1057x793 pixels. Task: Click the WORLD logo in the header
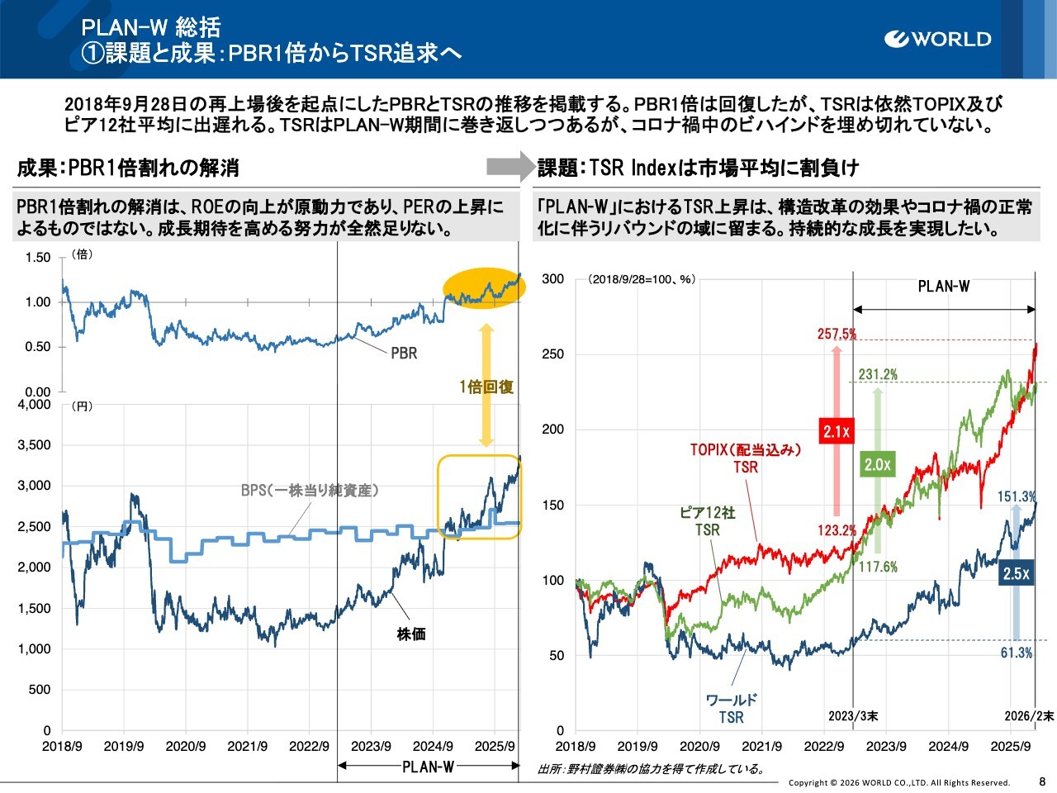tap(937, 39)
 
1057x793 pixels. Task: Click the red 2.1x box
tap(837, 430)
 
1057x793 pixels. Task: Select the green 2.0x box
tap(877, 464)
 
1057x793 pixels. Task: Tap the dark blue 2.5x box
tap(1016, 573)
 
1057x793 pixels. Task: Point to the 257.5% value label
tap(837, 334)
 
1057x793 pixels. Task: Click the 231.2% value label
tap(877, 374)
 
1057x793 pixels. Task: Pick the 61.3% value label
tap(1016, 653)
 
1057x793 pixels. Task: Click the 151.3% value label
tap(1016, 496)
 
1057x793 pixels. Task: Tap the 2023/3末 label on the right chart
tap(853, 715)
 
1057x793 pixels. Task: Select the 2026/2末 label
tap(1029, 715)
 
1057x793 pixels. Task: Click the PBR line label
tap(404, 354)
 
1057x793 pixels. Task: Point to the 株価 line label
tap(411, 634)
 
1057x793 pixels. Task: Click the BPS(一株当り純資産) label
tap(310, 490)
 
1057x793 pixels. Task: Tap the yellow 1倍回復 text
tap(486, 387)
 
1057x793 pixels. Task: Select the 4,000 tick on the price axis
tap(34, 405)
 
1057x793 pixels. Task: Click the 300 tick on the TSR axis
tap(553, 279)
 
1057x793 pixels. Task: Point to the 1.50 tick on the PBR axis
tap(37, 258)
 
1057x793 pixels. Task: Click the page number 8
tap(1042, 781)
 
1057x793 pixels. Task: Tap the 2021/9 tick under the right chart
tap(761, 746)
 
